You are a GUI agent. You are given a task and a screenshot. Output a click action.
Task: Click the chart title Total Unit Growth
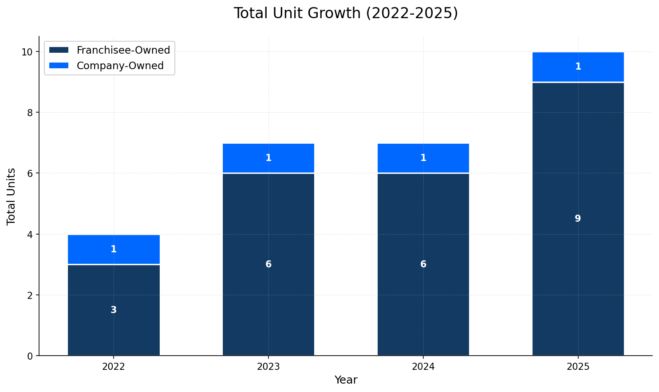tap(345, 13)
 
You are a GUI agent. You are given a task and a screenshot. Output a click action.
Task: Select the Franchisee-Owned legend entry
tap(123, 50)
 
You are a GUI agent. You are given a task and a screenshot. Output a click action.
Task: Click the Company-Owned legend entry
tap(120, 66)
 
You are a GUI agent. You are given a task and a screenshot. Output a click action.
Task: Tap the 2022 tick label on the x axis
tap(114, 367)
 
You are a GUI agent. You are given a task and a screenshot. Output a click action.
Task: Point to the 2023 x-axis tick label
tap(268, 367)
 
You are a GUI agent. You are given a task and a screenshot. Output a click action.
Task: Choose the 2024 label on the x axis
tap(423, 367)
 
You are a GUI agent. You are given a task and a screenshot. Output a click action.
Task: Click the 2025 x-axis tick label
tap(578, 367)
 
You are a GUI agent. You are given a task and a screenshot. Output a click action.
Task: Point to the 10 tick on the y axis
tap(28, 52)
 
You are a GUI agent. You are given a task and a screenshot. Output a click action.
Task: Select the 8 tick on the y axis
tap(30, 113)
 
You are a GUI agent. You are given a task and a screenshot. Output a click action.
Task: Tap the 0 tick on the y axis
tap(30, 356)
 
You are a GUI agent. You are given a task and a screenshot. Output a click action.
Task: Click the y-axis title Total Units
tap(12, 196)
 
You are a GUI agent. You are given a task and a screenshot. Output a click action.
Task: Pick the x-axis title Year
tap(345, 380)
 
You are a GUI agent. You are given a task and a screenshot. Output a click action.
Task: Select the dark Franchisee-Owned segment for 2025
tap(578, 266)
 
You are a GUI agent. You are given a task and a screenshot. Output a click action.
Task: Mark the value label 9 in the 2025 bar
tap(578, 219)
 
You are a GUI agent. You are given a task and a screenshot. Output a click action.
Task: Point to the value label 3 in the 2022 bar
tap(114, 310)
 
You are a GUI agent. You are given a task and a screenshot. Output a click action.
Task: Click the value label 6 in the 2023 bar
tap(268, 264)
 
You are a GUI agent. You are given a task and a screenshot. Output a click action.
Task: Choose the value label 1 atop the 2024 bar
tap(423, 158)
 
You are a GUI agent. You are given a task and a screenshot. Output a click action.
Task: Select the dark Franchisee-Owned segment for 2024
tap(423, 302)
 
